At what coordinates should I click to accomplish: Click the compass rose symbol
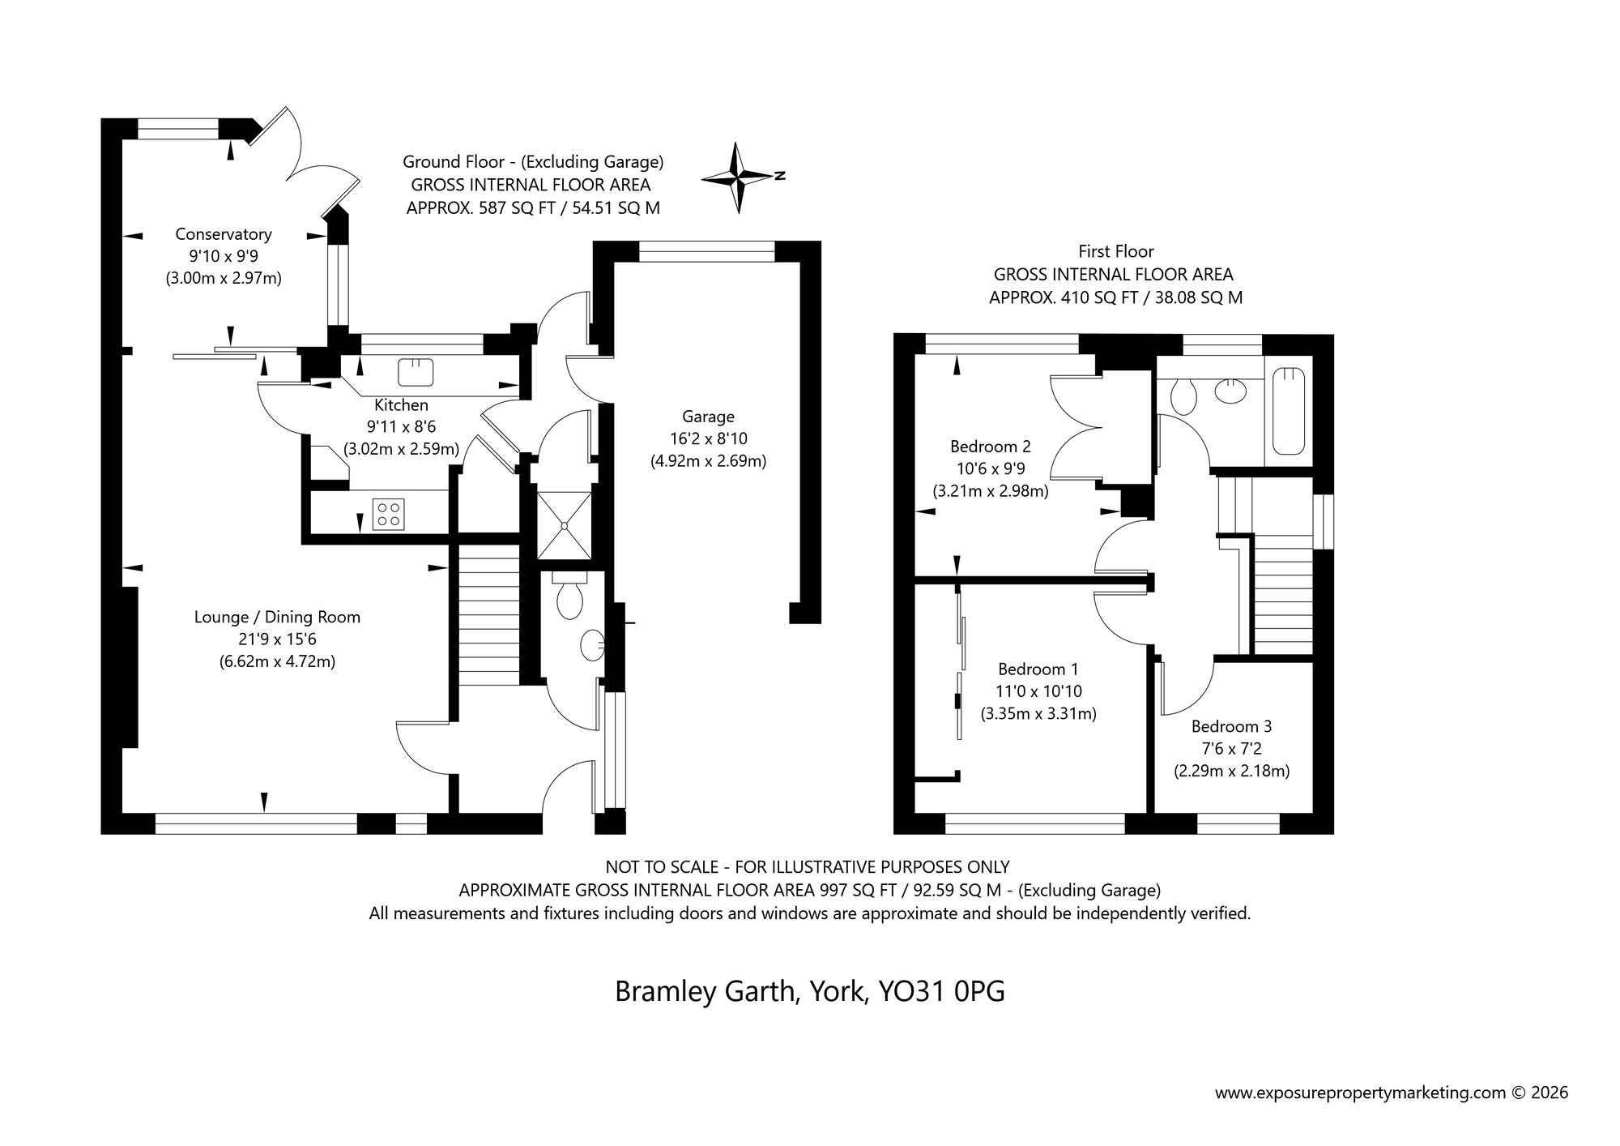point(738,177)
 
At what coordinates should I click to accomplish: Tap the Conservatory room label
point(224,234)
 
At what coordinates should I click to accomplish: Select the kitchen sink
point(416,372)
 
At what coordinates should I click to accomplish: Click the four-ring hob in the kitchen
point(388,514)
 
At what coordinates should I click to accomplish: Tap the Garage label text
point(708,417)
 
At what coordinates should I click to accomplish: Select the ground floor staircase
point(488,615)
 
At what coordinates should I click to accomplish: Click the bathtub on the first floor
point(1289,411)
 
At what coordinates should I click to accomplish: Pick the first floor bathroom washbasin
point(1231,391)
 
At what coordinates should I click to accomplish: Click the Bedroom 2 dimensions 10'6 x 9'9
point(990,468)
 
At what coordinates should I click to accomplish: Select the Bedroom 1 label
point(1038,669)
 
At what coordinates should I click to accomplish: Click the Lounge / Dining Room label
point(277,617)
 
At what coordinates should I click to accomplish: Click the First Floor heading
point(1115,251)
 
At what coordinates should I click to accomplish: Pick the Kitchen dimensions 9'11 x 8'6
point(401,426)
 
